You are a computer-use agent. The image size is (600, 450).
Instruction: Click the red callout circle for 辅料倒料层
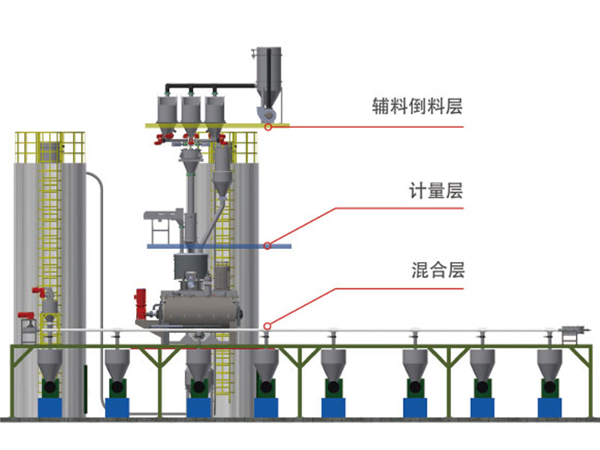coord(269,127)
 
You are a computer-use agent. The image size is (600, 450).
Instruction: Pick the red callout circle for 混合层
coord(268,325)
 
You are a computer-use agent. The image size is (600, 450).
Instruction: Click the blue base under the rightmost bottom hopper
coord(550,407)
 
